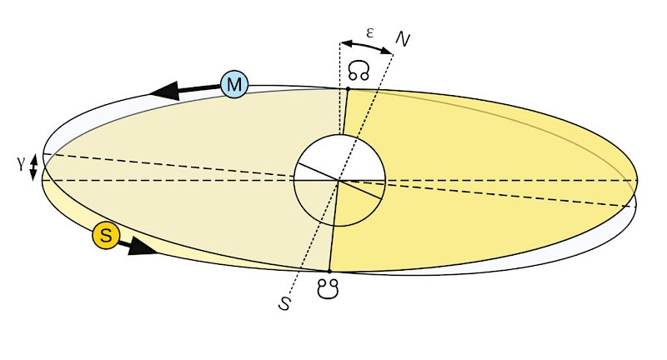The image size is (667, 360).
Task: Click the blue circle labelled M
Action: point(234,83)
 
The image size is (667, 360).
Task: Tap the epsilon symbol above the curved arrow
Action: point(369,32)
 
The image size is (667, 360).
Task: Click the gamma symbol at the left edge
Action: point(20,164)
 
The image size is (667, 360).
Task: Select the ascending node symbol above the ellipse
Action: point(359,71)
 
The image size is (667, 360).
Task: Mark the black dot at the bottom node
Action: point(329,272)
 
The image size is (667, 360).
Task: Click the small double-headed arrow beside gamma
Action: point(33,167)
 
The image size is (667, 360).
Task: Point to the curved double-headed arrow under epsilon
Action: point(367,46)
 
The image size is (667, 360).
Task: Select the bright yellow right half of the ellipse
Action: point(500,167)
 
